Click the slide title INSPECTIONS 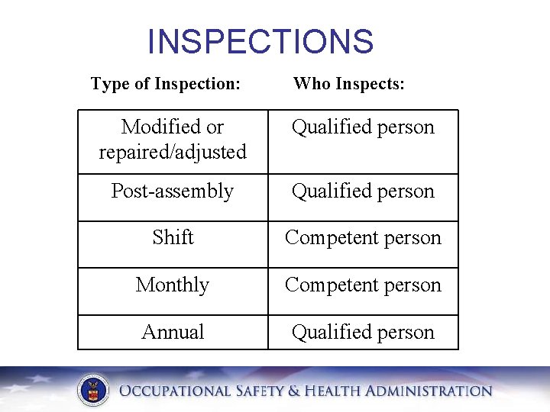point(260,42)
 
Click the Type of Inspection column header point(166,83)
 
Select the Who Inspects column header point(349,83)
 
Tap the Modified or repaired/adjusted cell point(173,139)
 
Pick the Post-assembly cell point(173,191)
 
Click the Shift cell point(173,237)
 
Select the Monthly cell point(173,285)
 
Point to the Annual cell point(173,332)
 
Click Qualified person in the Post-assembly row point(363,191)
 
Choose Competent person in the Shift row point(363,237)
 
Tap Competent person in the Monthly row point(363,285)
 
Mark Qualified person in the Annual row point(363,332)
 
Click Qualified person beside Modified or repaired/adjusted point(363,127)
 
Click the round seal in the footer point(92,391)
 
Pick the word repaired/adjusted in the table point(173,152)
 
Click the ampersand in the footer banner point(296,391)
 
